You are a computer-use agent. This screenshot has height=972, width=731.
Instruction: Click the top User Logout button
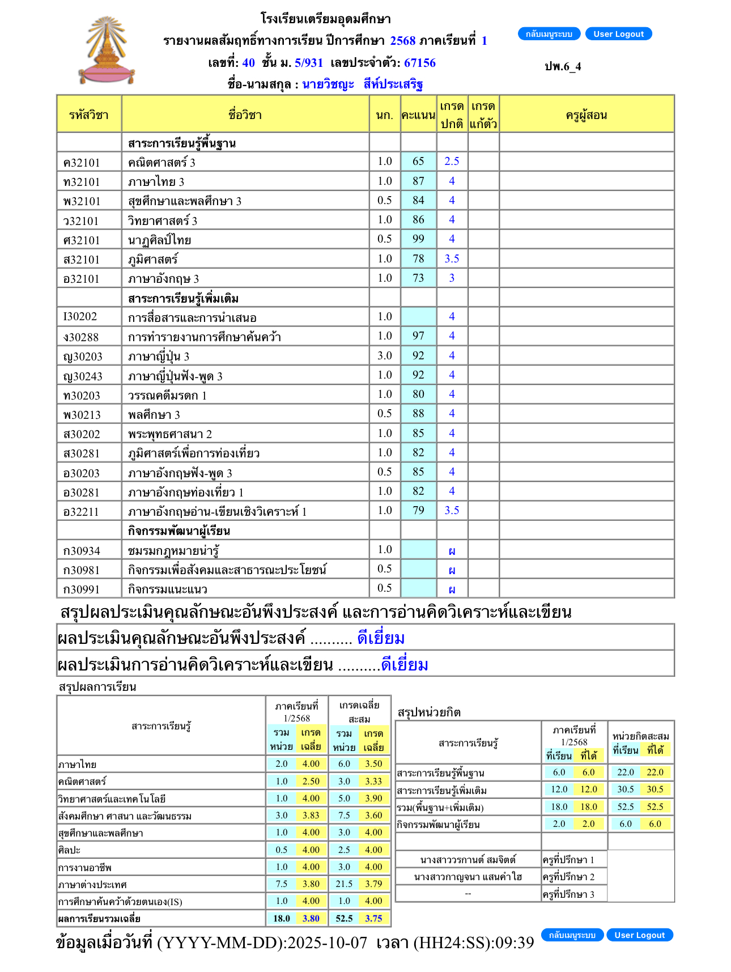tap(618, 34)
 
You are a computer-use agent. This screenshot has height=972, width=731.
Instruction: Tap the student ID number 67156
tap(419, 63)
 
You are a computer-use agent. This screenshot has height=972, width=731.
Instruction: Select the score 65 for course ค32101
tap(418, 162)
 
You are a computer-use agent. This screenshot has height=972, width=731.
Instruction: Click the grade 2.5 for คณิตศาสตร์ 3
tap(452, 162)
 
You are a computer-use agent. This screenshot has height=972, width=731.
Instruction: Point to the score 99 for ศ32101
tap(418, 239)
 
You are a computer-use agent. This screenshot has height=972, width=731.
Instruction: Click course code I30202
tap(80, 317)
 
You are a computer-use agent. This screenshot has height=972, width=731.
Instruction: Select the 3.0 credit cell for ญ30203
tap(384, 356)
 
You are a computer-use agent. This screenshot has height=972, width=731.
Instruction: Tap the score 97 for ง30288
tap(418, 336)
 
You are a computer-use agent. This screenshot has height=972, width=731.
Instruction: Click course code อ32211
tap(81, 512)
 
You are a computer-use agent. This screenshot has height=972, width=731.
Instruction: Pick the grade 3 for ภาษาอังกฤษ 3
tap(452, 278)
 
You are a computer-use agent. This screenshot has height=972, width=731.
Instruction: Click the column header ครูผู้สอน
tap(586, 115)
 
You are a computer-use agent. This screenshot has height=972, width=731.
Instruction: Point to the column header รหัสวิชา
tap(88, 115)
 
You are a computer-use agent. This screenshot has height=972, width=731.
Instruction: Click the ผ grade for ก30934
tap(452, 550)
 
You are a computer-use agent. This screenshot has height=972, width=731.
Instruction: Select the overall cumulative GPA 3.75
tap(373, 919)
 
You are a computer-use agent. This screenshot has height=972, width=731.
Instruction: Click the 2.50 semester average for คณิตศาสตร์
tap(311, 782)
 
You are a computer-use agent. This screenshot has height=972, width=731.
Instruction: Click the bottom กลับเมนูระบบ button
tap(572, 935)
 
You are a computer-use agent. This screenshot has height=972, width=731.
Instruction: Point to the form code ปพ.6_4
tap(563, 66)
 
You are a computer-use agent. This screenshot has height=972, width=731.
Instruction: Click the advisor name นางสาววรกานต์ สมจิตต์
tap(468, 860)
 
